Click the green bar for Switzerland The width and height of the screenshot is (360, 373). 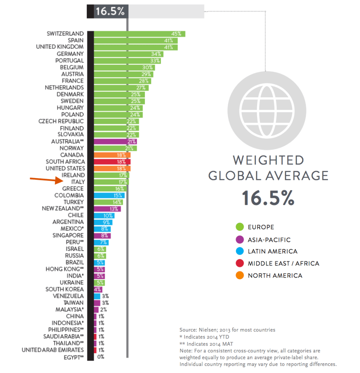(x=139, y=34)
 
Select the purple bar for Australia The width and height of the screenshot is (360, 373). (x=115, y=142)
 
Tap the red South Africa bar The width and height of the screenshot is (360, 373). (x=112, y=162)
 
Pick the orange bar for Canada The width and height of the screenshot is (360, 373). (x=112, y=155)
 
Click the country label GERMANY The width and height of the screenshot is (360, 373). (x=70, y=54)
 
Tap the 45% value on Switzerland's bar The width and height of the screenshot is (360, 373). (x=176, y=34)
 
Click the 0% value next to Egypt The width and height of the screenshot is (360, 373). (x=101, y=357)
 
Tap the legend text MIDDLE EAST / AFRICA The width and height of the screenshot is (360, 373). (x=283, y=263)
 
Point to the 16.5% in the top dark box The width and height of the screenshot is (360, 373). (x=110, y=11)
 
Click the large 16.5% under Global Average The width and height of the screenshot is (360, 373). (x=268, y=198)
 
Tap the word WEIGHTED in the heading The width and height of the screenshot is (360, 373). (x=268, y=160)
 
